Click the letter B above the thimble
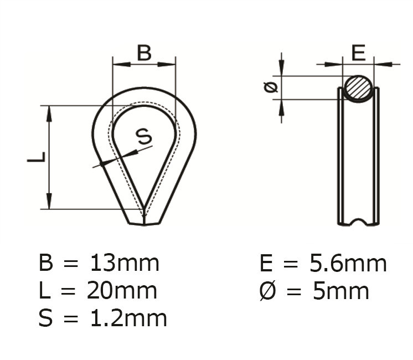pyautogui.click(x=144, y=53)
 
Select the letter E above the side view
pyautogui.click(x=359, y=53)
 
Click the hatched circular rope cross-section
pyautogui.click(x=358, y=88)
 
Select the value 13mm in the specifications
pyautogui.click(x=124, y=263)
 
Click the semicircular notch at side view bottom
pyautogui.click(x=359, y=223)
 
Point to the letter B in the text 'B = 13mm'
pyautogui.click(x=47, y=263)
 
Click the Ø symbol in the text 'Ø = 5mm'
pyautogui.click(x=268, y=291)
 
